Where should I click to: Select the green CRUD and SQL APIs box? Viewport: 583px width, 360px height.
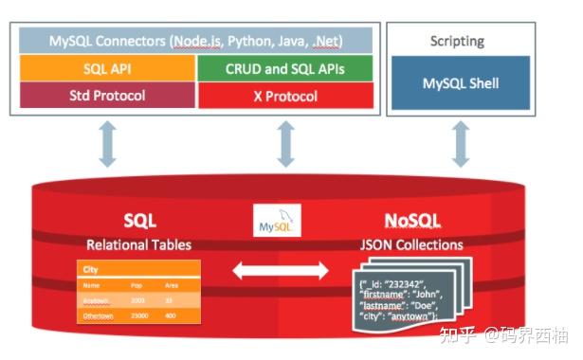click(x=284, y=68)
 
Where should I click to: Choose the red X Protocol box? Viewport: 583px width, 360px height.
click(x=284, y=96)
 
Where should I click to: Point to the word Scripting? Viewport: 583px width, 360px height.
click(x=457, y=42)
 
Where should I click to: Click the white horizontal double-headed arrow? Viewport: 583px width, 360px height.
click(x=281, y=272)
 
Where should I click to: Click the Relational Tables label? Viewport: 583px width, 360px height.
click(x=138, y=244)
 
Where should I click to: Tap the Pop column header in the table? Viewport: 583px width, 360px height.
click(x=138, y=283)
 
